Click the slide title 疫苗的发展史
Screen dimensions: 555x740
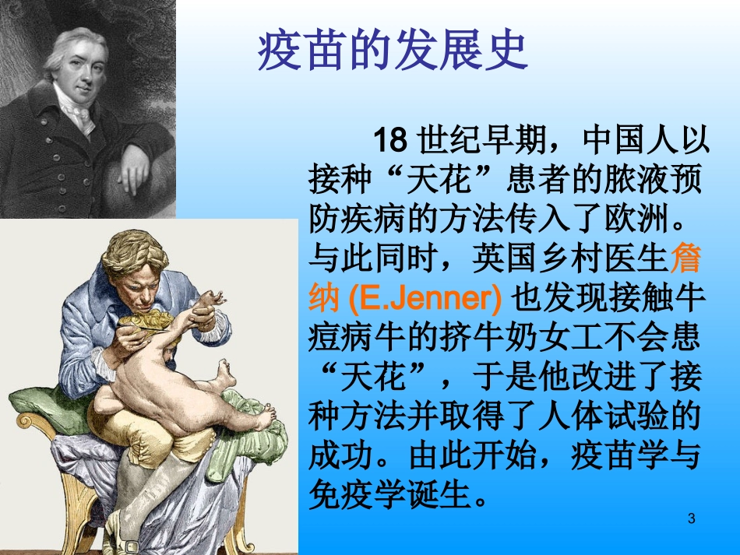(x=393, y=52)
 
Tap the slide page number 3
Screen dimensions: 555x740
(x=692, y=519)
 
